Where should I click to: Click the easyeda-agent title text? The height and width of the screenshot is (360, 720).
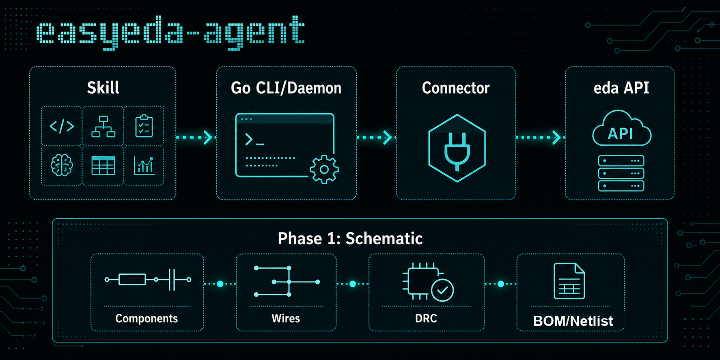(170, 31)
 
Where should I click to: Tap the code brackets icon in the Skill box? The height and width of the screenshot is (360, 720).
(62, 126)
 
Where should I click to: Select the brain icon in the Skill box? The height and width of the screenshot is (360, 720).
(62, 166)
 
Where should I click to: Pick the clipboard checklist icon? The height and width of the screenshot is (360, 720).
(144, 126)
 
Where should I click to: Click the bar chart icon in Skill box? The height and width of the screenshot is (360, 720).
(144, 166)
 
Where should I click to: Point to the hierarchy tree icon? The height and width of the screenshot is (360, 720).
(103, 126)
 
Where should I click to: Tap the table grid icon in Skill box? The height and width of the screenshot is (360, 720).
(103, 166)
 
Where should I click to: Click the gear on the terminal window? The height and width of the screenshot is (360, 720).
(324, 170)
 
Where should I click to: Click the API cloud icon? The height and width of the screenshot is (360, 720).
(621, 128)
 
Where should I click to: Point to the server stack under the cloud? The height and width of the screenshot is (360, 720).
(621, 173)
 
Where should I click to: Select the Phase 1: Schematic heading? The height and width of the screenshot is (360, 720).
(350, 239)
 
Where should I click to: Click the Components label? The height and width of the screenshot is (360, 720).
(147, 319)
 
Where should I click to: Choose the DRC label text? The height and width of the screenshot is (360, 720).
(426, 319)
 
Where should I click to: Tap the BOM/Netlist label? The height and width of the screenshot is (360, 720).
(573, 321)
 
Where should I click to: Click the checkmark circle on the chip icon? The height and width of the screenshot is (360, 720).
(442, 290)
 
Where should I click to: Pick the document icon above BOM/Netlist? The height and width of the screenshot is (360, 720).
(569, 281)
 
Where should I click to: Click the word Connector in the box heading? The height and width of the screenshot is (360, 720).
(456, 88)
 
